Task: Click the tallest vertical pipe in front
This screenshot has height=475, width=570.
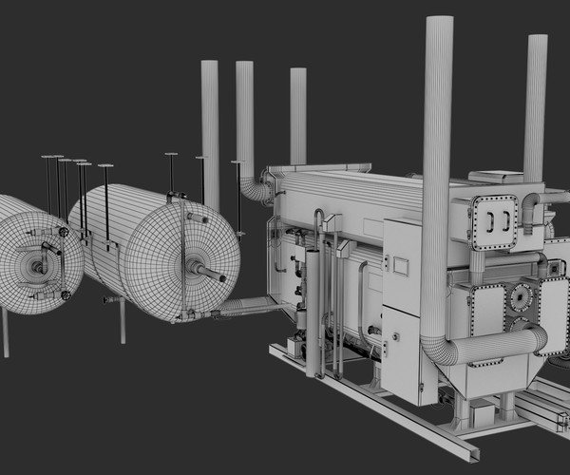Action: tap(437, 142)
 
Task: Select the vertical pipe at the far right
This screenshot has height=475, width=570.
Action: tap(536, 104)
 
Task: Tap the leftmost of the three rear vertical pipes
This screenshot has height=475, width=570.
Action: tap(210, 123)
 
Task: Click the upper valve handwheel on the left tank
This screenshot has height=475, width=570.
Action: tap(64, 232)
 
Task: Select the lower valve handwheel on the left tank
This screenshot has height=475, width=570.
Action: tap(66, 295)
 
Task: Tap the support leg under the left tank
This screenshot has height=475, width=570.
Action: tap(6, 332)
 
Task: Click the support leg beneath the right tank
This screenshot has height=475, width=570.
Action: tap(123, 323)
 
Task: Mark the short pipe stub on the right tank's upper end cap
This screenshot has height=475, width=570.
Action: tap(197, 218)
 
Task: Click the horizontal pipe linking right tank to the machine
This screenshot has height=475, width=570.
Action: tap(249, 305)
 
